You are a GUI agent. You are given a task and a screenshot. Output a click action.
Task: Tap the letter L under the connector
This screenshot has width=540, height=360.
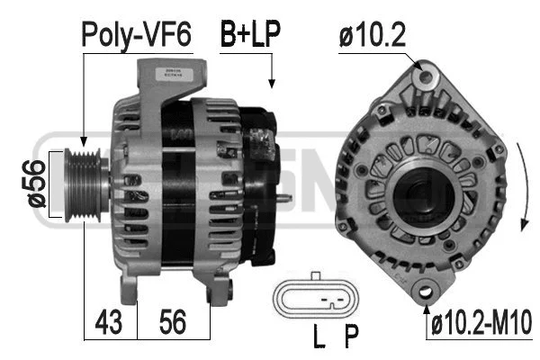pos(318,338)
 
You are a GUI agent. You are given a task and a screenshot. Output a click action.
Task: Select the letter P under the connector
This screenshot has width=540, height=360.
pos(351,338)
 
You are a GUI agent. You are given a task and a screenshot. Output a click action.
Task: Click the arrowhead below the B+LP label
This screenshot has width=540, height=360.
pos(271,85)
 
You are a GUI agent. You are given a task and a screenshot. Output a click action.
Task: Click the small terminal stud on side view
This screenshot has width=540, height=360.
pos(285,199)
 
